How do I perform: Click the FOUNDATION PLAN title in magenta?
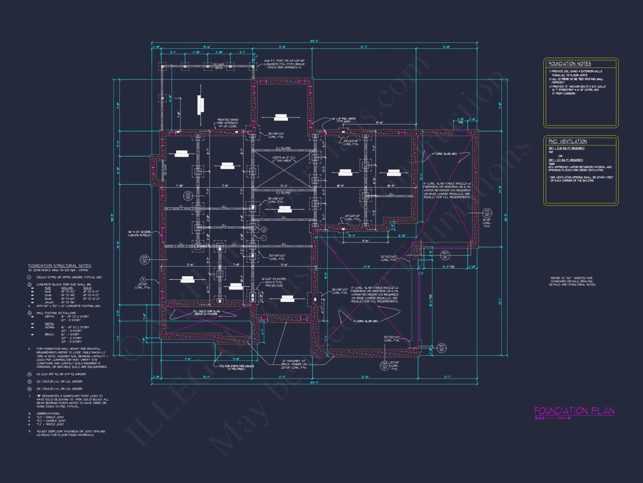pos(574,411)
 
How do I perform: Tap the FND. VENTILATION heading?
pos(567,141)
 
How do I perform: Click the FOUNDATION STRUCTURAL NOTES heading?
pos(59,266)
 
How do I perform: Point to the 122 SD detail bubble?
pos(188,196)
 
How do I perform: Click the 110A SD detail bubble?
pos(145,259)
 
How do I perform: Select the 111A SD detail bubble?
pos(487,213)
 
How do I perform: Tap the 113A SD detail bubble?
pos(385,365)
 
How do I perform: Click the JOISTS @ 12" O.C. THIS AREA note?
pos(284,159)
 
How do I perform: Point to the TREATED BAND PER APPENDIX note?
pos(228,123)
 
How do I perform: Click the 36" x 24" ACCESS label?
pos(139,233)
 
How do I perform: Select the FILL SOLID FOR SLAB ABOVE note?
pos(206,313)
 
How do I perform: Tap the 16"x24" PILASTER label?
pos(274,282)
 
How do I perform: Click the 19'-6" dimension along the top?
pos(207,47)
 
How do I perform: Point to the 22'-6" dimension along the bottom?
pos(365,377)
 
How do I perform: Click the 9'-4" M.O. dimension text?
pos(448,267)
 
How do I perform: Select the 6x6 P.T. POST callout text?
pos(284,64)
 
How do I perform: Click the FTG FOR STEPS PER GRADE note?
pos(237,367)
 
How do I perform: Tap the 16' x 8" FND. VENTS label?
pos(344,120)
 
